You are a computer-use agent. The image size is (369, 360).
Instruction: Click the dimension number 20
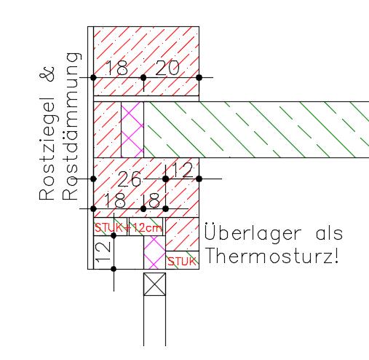tap(167, 68)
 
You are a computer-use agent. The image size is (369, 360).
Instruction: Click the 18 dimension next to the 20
tap(117, 68)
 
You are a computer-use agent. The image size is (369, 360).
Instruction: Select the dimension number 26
tap(129, 179)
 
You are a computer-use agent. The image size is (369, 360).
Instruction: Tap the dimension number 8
tap(154, 201)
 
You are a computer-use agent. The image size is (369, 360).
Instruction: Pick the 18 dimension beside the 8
tap(115, 200)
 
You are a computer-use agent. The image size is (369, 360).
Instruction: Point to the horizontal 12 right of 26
tap(183, 171)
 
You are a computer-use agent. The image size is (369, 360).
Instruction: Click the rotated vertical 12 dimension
tap(103, 251)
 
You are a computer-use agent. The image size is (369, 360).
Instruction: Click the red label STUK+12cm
tap(128, 228)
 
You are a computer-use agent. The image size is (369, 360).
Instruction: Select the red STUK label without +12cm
tap(182, 262)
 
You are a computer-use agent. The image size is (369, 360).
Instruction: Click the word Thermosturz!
tap(272, 257)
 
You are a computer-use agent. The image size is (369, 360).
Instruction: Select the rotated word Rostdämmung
tap(71, 126)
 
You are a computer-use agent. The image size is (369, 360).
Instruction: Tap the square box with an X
tap(154, 284)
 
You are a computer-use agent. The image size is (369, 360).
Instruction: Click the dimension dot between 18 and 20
tap(143, 78)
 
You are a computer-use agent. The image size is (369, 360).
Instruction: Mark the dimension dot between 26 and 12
tap(165, 179)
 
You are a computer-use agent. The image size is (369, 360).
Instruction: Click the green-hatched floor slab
tap(256, 130)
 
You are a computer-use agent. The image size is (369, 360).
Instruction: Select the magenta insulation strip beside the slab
tap(132, 130)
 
